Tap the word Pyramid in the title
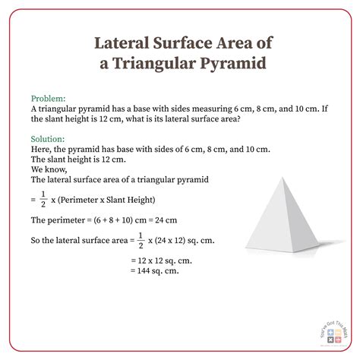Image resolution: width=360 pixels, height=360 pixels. pos(233,63)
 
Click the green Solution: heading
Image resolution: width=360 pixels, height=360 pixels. pos(49,141)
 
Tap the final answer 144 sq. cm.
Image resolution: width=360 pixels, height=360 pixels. pos(156,271)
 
